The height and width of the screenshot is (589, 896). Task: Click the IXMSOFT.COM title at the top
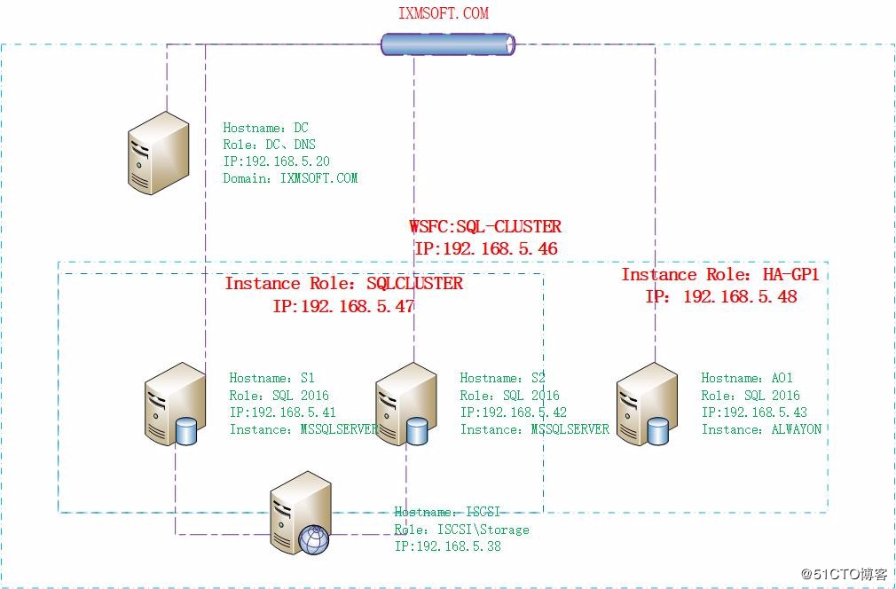pyautogui.click(x=443, y=13)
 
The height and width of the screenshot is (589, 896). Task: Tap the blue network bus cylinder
pyautogui.click(x=448, y=43)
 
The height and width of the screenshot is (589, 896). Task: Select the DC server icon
pyautogui.click(x=158, y=153)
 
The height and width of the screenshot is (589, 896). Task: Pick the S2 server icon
pyautogui.click(x=405, y=404)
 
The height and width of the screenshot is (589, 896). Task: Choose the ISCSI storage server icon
pyautogui.click(x=301, y=514)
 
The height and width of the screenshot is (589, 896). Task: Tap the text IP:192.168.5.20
pyautogui.click(x=276, y=161)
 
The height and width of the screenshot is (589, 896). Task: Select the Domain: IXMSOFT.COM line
pyautogui.click(x=290, y=177)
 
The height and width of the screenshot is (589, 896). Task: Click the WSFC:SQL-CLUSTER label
pyautogui.click(x=484, y=227)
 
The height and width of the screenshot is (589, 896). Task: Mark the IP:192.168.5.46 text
pyautogui.click(x=485, y=249)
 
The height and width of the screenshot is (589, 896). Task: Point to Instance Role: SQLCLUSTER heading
pyautogui.click(x=343, y=284)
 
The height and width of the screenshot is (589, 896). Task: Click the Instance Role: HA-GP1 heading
pyautogui.click(x=719, y=275)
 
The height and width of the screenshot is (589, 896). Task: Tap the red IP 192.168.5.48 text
pyautogui.click(x=720, y=297)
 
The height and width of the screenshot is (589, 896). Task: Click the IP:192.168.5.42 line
pyautogui.click(x=513, y=412)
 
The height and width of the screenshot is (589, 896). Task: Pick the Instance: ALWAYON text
pyautogui.click(x=761, y=429)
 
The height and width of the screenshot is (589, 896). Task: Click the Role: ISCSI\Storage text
pyautogui.click(x=461, y=530)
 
